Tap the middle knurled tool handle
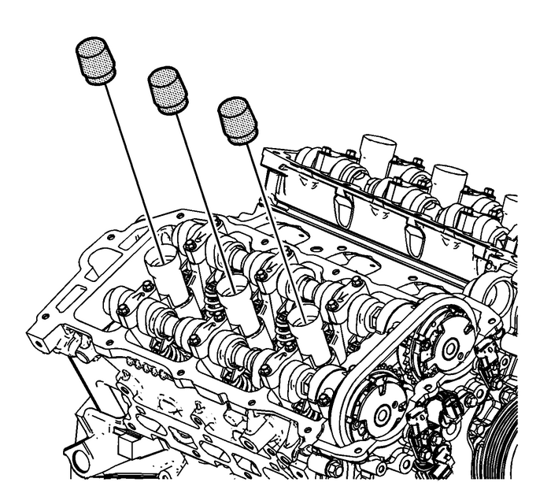(168, 91)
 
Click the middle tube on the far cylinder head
(449, 181)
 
